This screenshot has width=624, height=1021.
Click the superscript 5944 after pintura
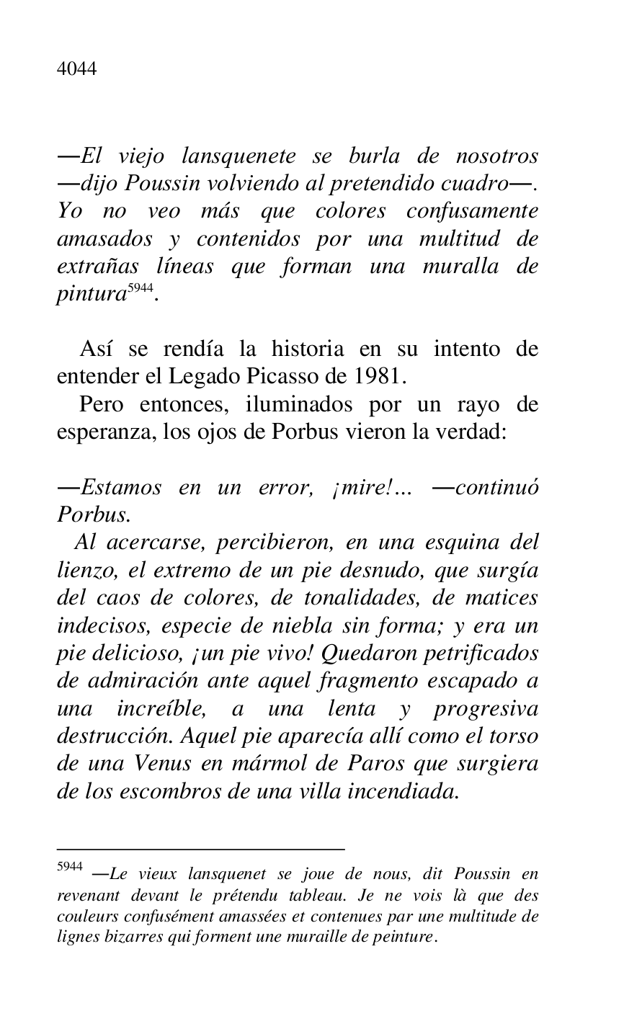click(141, 289)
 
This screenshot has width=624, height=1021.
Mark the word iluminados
click(298, 405)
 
